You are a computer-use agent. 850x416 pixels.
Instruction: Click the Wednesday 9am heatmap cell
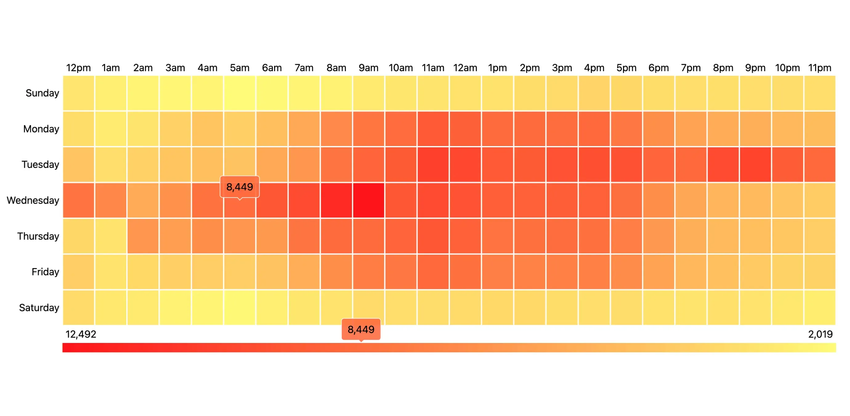(369, 200)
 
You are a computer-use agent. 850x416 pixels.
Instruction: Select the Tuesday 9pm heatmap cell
(755, 165)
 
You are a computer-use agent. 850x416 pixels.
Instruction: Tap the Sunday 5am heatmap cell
(240, 93)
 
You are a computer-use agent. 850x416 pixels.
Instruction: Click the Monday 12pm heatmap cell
(79, 129)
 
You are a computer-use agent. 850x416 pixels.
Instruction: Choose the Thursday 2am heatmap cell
(143, 236)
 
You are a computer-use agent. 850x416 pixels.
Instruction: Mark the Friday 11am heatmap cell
(433, 272)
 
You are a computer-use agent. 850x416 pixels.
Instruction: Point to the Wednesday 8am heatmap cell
(336, 200)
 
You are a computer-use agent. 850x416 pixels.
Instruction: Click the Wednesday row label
(33, 200)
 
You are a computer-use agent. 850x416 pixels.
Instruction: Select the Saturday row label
(39, 308)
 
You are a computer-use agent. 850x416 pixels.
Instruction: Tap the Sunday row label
(42, 93)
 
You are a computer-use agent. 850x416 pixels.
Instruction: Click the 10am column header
(401, 68)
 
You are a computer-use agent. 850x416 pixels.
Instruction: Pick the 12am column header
(465, 68)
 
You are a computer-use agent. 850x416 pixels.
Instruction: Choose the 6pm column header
(658, 68)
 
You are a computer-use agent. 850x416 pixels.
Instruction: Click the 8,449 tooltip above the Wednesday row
(240, 187)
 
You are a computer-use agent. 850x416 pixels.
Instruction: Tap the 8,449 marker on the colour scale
(361, 329)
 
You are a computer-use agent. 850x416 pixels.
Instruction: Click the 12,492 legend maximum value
(81, 334)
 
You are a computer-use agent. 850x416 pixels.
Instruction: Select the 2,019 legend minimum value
(820, 334)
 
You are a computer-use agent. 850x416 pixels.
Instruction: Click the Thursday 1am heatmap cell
(111, 236)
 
